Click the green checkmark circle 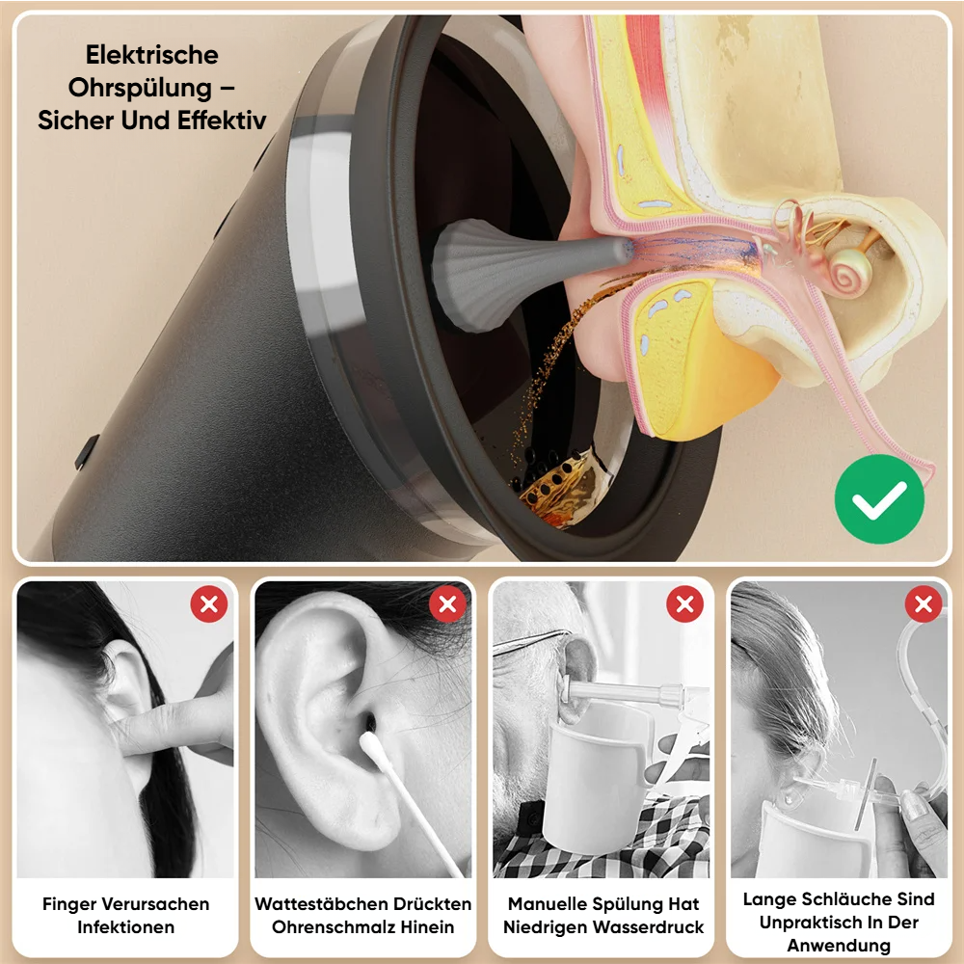coord(879,498)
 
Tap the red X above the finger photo coord(209,604)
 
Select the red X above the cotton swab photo coord(447,604)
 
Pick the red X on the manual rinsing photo coord(684,604)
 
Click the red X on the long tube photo coord(924,604)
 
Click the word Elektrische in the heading coord(152,55)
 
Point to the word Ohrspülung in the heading coord(140,88)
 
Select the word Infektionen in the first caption coord(126,927)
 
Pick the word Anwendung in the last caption coord(839,945)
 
